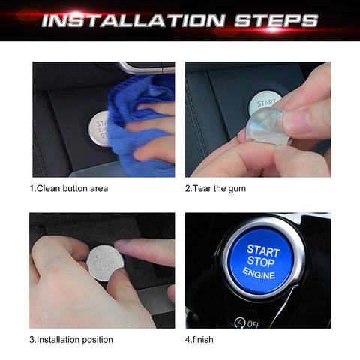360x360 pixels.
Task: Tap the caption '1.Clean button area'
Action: tap(69, 188)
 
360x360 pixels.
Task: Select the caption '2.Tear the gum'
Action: tap(215, 188)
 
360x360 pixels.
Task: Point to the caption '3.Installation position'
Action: tap(71, 339)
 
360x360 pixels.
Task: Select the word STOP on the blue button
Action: tap(262, 263)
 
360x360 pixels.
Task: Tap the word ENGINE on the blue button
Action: tap(259, 275)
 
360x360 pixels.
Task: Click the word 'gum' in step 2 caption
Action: tap(236, 188)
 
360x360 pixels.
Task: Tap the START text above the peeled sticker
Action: tap(265, 101)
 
